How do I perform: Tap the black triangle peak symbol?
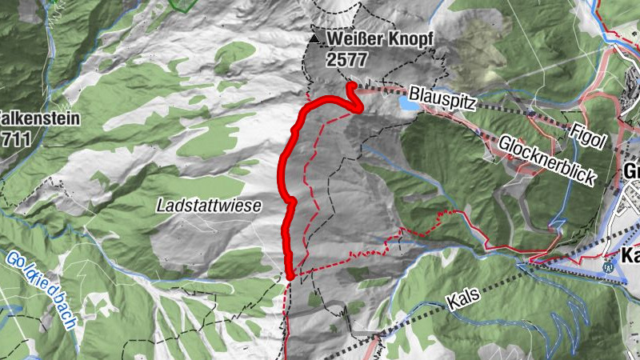[x=315, y=38]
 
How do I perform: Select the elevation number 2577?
[x=346, y=58]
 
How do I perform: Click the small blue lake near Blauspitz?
[x=408, y=104]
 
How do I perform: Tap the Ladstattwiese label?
[x=209, y=206]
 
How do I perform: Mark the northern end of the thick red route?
[x=350, y=85]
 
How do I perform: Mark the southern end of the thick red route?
[x=290, y=277]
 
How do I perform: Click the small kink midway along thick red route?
[x=291, y=201]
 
